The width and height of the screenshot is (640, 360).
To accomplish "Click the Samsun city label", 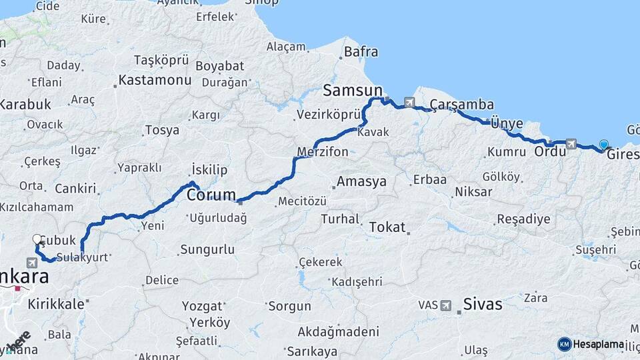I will (x=352, y=91).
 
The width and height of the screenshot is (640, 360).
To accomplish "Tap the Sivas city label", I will (x=483, y=305).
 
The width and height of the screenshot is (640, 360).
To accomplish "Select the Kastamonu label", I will (x=155, y=80).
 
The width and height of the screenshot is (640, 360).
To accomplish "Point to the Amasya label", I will (x=361, y=181).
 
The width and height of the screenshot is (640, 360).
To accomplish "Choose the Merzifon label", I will (x=323, y=152).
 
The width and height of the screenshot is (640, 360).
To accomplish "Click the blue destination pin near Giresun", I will (x=604, y=145).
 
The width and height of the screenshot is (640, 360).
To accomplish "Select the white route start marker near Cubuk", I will (x=37, y=239).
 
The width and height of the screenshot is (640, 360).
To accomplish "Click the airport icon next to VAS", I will (x=445, y=305).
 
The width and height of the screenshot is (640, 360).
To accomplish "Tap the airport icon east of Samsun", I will (x=409, y=103).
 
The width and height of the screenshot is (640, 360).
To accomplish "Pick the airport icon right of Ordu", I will (x=571, y=143).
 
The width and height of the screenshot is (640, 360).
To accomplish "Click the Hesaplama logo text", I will (x=598, y=344).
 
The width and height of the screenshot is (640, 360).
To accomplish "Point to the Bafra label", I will (x=361, y=51).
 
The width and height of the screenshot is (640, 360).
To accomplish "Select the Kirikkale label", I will (x=56, y=304).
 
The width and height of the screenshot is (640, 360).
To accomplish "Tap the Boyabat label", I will (x=220, y=66).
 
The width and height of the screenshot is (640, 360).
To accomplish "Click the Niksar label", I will (x=473, y=192).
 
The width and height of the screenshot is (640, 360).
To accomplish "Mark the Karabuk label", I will (x=25, y=104).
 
